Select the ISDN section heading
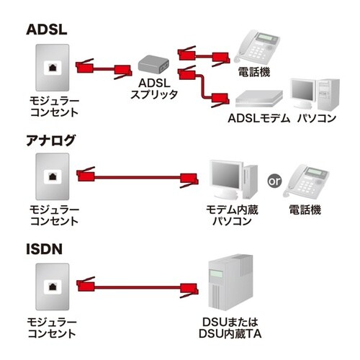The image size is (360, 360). (x=45, y=249)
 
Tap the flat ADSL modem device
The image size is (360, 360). (x=256, y=96)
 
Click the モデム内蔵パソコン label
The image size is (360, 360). (x=231, y=215)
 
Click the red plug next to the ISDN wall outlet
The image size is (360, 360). (x=86, y=284)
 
